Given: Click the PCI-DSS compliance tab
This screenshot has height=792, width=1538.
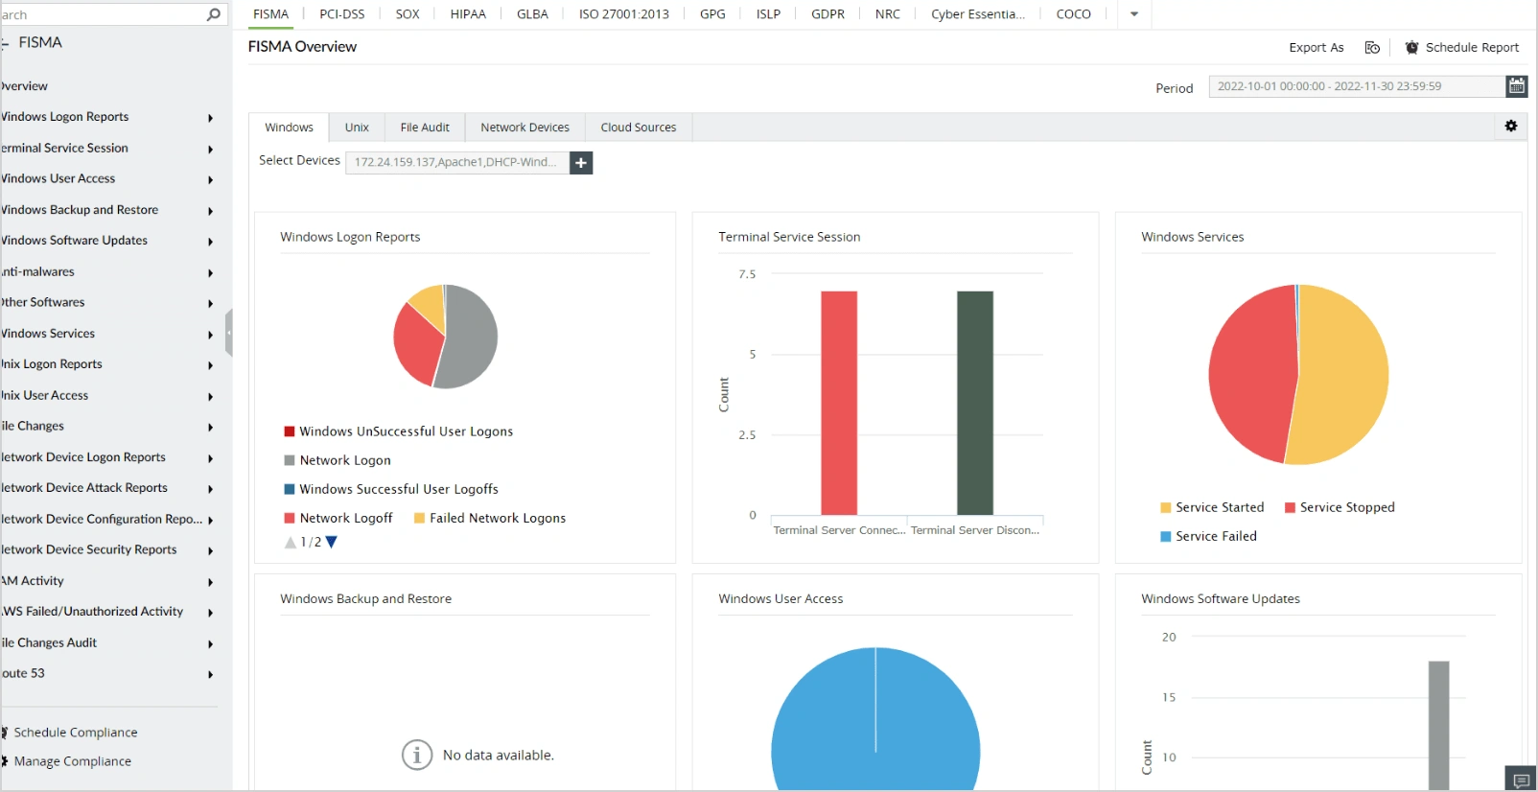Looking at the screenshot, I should point(342,14).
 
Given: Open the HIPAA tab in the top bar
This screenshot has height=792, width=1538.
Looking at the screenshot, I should point(468,14).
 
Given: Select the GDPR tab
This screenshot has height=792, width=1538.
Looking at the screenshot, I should point(827,14).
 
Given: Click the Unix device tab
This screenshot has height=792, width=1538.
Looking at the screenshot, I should point(357,128).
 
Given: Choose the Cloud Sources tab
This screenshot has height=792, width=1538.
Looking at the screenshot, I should point(638,128).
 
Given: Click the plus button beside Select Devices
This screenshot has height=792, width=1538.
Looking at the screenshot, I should point(581,163).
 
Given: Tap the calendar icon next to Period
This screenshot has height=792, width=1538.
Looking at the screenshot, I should point(1516,86).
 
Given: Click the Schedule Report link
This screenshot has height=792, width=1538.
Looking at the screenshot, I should point(1471,48).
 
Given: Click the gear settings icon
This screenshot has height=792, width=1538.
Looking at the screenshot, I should point(1511,127).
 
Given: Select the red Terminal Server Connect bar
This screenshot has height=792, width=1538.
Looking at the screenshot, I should point(839,403).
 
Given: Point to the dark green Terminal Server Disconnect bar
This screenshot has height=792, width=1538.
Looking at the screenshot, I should point(975,403).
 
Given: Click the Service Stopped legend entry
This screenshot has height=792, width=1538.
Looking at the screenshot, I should point(1346,507).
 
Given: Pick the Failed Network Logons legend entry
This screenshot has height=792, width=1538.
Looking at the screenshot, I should point(497,518).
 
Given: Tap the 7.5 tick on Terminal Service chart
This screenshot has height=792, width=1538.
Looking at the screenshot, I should point(747,274).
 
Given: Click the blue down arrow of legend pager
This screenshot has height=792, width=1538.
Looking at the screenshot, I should point(332,542).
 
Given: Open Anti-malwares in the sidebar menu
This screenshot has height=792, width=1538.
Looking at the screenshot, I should point(38,271).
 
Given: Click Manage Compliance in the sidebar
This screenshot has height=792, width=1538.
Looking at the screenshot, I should point(72,761).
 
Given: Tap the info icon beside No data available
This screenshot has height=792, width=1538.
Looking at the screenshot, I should point(417,756).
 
